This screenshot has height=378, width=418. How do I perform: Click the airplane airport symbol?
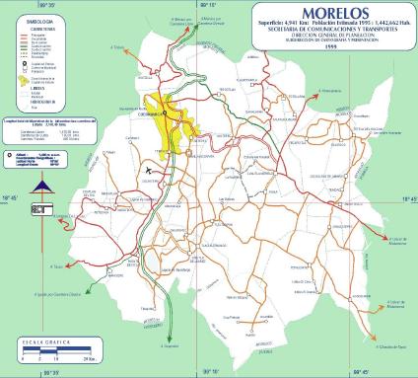[x=150, y=169]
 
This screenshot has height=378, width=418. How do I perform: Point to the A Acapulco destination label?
[x=169, y=346]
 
